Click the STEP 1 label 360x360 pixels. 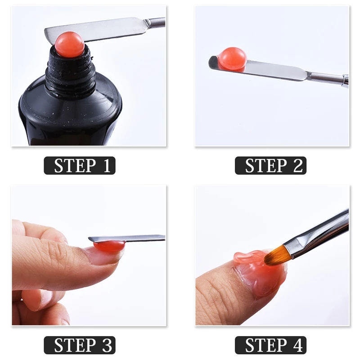tap(80, 166)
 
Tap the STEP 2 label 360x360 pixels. tap(270, 166)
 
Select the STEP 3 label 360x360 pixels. tap(80, 345)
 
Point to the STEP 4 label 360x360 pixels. tap(270, 345)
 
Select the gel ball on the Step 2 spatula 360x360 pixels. tap(232, 58)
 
